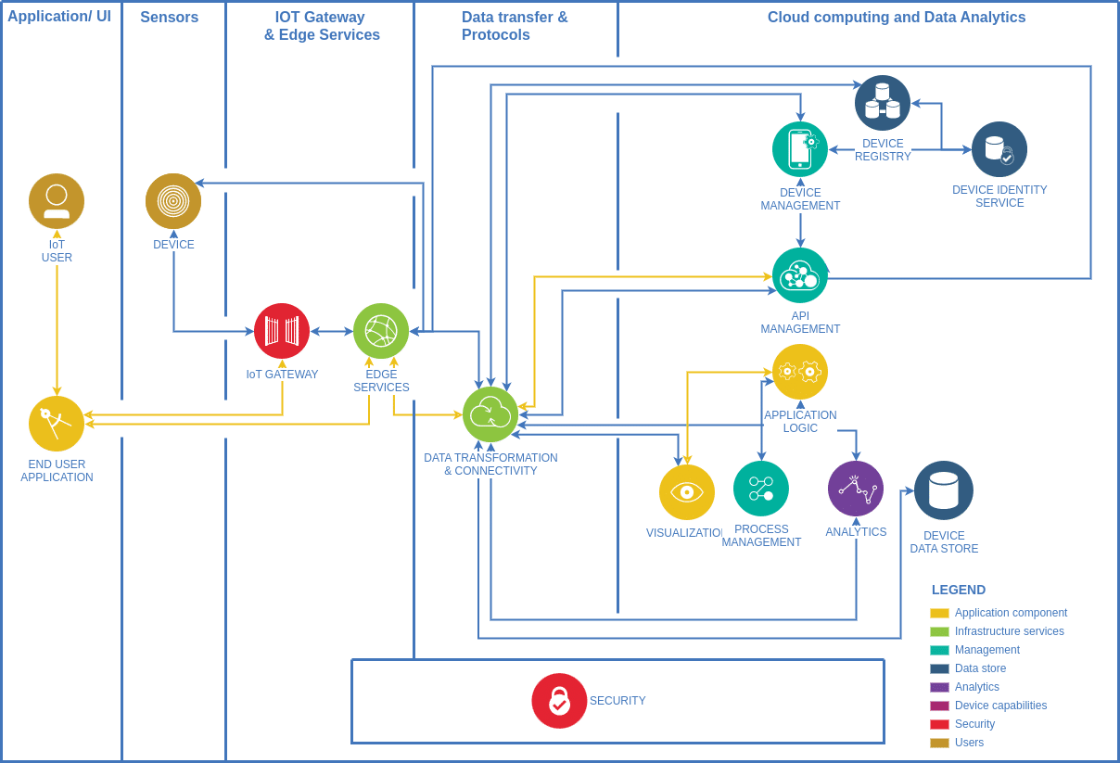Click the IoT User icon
click(57, 201)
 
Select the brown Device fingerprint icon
click(173, 201)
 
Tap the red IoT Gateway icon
click(282, 331)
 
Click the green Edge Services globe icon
click(381, 331)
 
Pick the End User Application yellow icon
click(57, 424)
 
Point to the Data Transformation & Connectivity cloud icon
click(490, 414)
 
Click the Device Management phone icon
click(800, 149)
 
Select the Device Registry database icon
click(883, 103)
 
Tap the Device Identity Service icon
click(999, 149)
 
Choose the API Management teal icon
click(800, 275)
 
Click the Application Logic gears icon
click(800, 372)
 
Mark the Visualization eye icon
click(687, 492)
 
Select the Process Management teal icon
click(761, 489)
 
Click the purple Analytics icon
click(856, 489)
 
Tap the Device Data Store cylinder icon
click(944, 490)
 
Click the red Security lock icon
click(559, 701)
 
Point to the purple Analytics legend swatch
click(939, 687)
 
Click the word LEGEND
click(959, 590)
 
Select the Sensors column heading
click(169, 18)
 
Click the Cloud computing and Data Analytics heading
click(897, 18)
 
